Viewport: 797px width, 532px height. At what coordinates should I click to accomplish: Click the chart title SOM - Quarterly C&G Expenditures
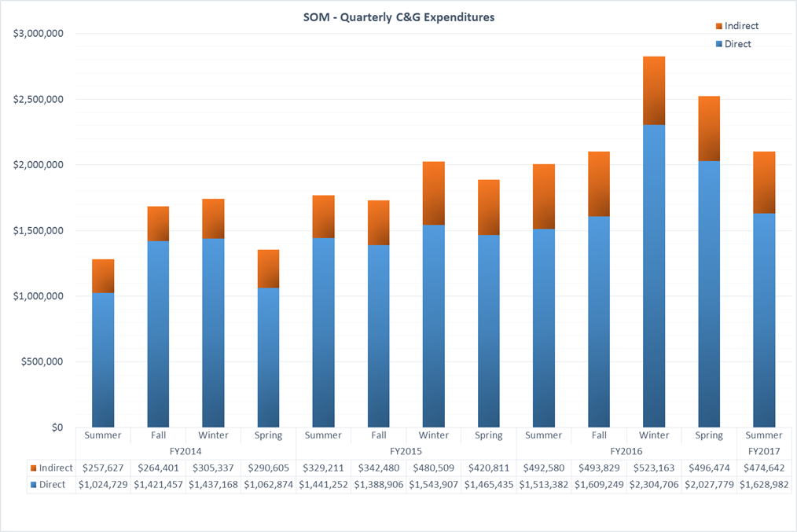pos(398,17)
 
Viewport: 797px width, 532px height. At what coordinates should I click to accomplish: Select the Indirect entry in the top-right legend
pos(737,26)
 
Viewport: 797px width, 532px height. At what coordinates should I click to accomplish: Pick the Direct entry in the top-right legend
pos(733,44)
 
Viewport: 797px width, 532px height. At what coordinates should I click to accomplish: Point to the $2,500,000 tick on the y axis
pos(39,99)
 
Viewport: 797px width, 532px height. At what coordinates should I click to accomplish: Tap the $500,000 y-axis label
pos(42,361)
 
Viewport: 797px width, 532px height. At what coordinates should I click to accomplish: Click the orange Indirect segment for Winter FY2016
pos(654,91)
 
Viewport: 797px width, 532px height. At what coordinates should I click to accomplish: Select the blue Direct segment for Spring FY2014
pos(268,358)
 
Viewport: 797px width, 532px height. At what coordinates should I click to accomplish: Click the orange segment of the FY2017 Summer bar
pos(764,182)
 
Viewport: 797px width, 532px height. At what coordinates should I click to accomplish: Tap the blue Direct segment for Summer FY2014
pos(103,360)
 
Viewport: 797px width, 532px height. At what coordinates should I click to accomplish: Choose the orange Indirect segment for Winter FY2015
pos(434,193)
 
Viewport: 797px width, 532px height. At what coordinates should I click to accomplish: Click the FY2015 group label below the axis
pos(406,451)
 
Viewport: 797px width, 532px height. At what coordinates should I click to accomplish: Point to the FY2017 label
pos(764,451)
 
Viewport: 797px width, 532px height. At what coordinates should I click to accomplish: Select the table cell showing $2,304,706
pos(654,485)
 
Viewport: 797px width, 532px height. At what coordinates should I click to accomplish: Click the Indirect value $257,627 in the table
pos(103,468)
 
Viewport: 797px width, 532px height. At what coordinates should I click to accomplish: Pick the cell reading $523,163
pos(654,468)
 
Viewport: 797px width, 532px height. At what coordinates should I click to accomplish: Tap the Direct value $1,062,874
pos(268,485)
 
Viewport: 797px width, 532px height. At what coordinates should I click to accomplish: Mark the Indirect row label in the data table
pos(51,468)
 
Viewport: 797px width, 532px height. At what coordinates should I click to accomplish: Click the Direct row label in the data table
pos(48,485)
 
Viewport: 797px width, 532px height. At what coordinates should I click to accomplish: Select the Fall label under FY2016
pos(599,435)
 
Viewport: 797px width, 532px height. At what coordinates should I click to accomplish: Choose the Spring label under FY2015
pos(488,435)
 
